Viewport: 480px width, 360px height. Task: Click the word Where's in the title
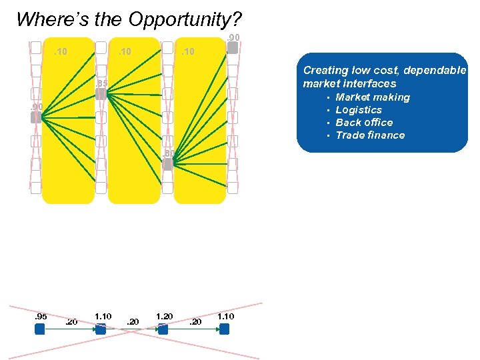pyautogui.click(x=45, y=19)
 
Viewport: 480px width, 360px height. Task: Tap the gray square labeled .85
pyautogui.click(x=101, y=94)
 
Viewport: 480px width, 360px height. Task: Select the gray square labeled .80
pyautogui.click(x=168, y=164)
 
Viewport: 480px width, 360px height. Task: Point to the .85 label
pyautogui.click(x=101, y=83)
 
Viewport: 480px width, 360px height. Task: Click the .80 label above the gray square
pyautogui.click(x=169, y=154)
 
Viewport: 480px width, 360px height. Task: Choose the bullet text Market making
pyautogui.click(x=373, y=97)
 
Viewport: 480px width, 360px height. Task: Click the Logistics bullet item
pyautogui.click(x=359, y=110)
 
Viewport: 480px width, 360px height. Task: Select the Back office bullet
pyautogui.click(x=364, y=123)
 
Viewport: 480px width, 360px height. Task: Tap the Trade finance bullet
pyautogui.click(x=370, y=135)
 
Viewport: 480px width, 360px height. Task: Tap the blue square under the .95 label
pyautogui.click(x=39, y=329)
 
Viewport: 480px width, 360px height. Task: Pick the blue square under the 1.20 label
pyautogui.click(x=163, y=329)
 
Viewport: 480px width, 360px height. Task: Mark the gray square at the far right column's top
pyautogui.click(x=233, y=48)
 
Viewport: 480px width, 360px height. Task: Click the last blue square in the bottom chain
pyautogui.click(x=224, y=329)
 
